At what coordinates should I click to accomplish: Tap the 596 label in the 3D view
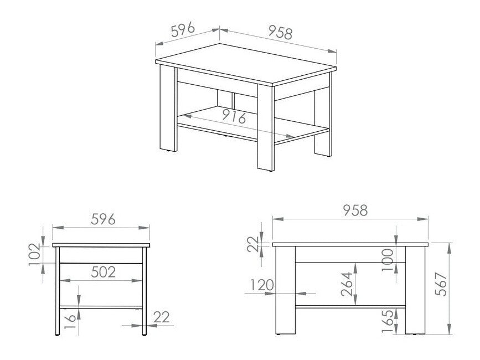[x=182, y=30]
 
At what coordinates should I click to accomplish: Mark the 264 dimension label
[x=346, y=286]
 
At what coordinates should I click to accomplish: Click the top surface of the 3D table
[x=246, y=64]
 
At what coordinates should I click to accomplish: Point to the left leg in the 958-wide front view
[x=285, y=291]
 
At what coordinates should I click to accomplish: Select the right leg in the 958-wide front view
[x=414, y=291]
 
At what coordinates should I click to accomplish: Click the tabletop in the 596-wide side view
[x=101, y=245]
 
